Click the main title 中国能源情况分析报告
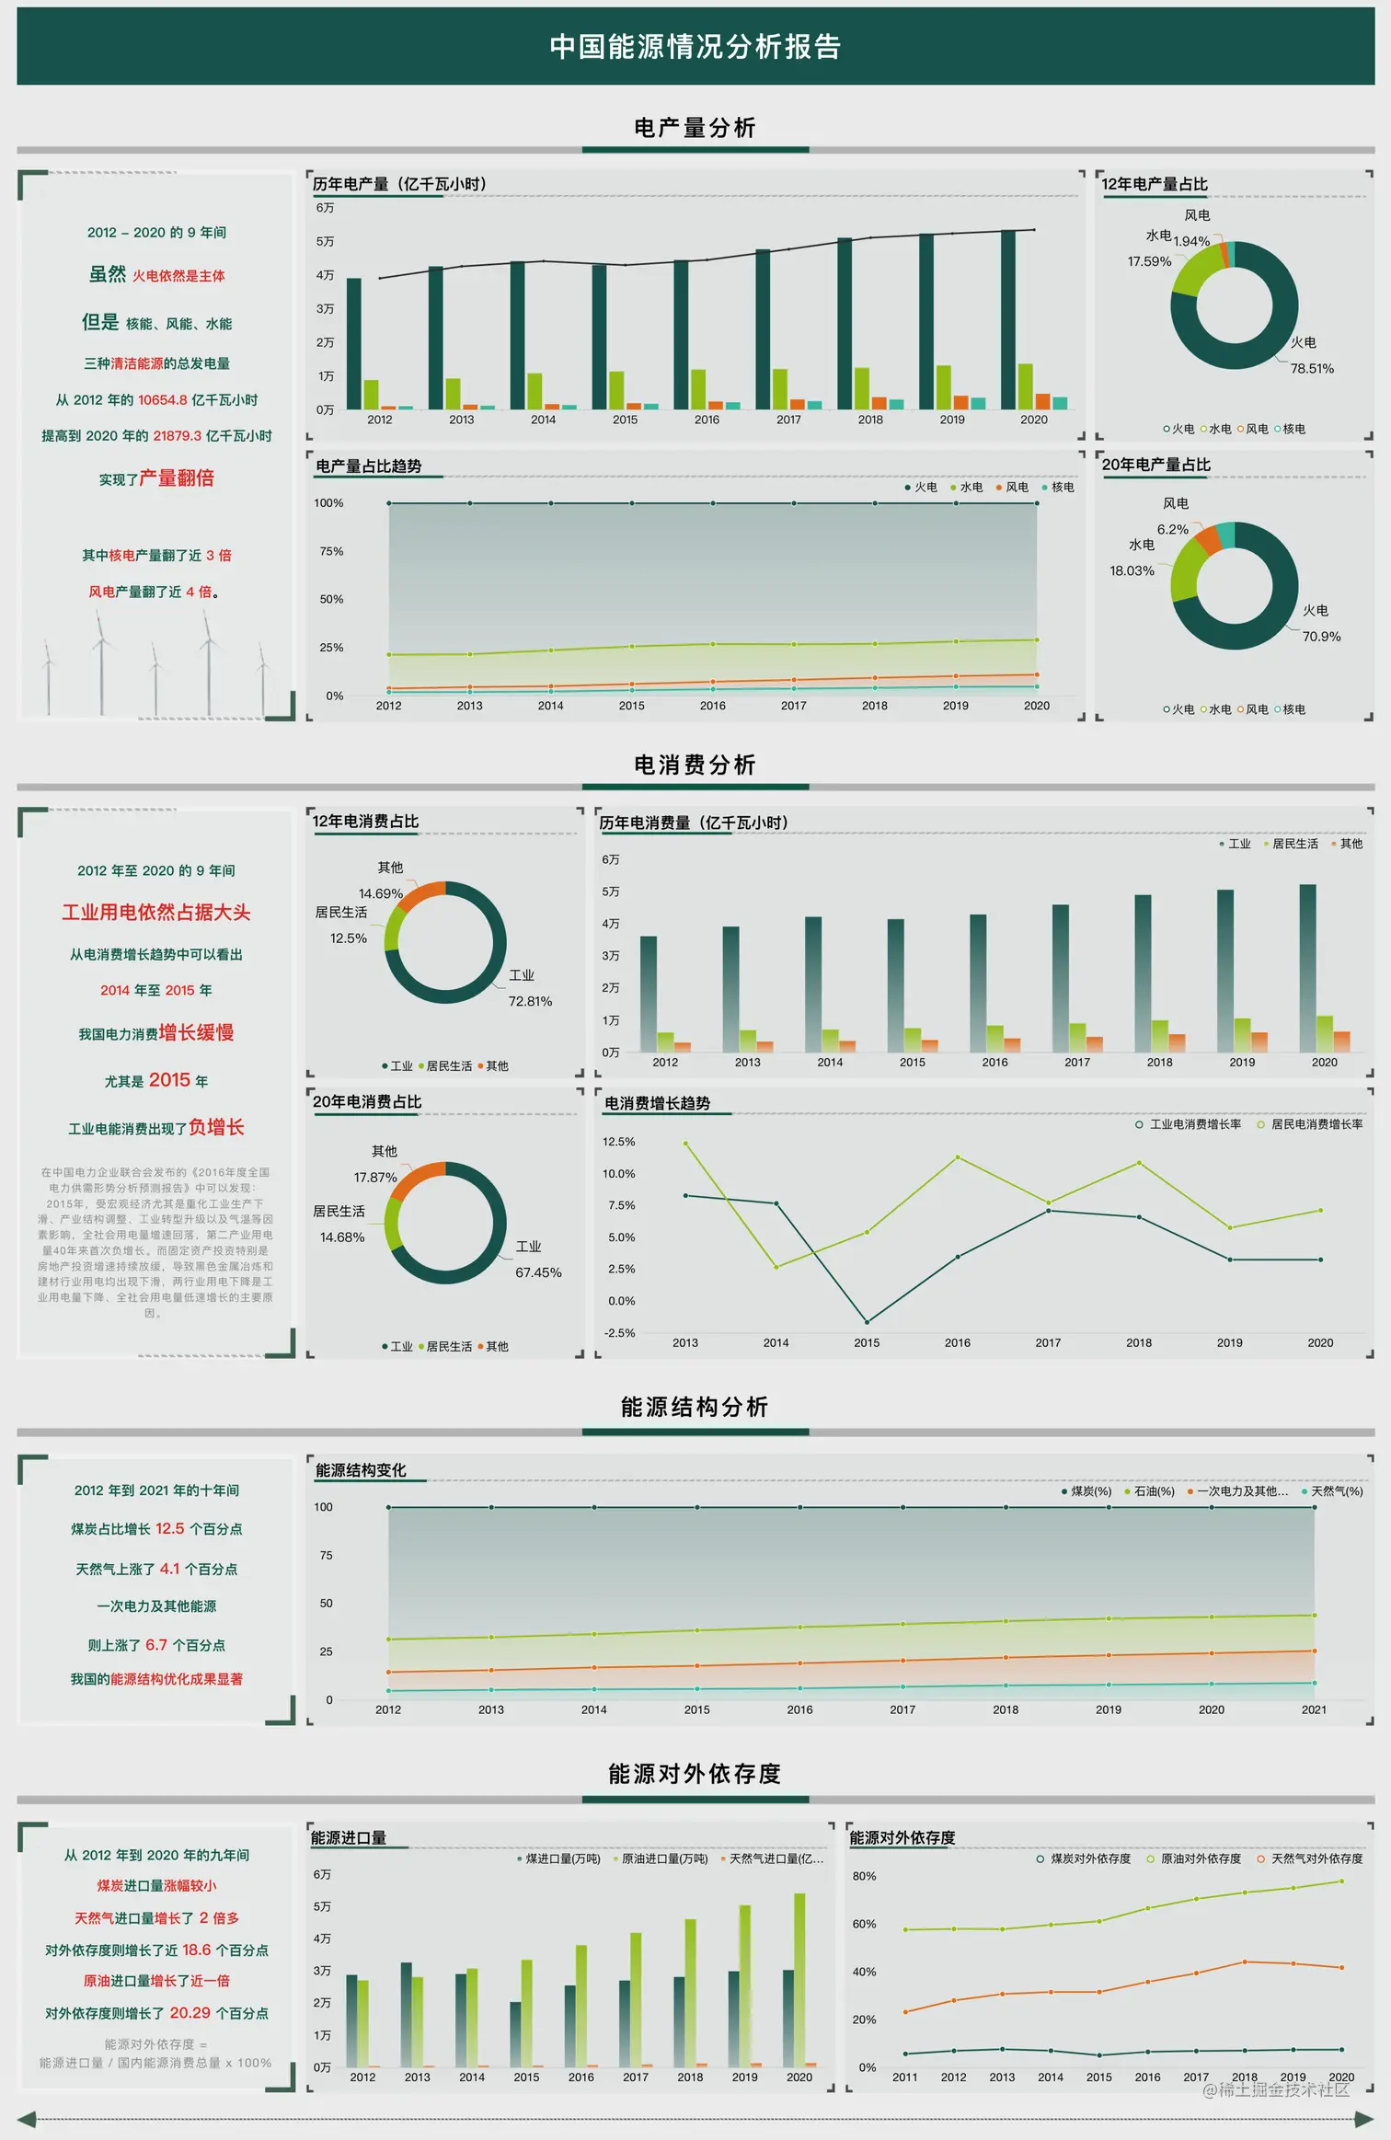click(695, 47)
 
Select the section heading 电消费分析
click(695, 765)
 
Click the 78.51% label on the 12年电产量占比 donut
click(1311, 369)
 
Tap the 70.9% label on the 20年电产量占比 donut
click(1321, 637)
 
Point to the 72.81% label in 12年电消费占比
click(530, 1001)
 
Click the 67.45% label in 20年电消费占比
click(538, 1272)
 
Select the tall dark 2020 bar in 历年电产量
click(1008, 319)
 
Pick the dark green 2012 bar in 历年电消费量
click(649, 994)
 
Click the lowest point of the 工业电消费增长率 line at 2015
click(867, 1322)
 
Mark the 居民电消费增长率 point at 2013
click(685, 1144)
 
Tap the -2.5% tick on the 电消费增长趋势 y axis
click(619, 1333)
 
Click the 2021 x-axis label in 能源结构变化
click(1314, 1709)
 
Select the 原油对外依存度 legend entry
click(1194, 1858)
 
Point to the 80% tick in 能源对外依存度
click(864, 1876)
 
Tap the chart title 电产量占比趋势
click(369, 466)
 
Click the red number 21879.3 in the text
click(178, 436)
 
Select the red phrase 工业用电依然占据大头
click(156, 913)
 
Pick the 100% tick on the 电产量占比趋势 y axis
click(328, 503)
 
